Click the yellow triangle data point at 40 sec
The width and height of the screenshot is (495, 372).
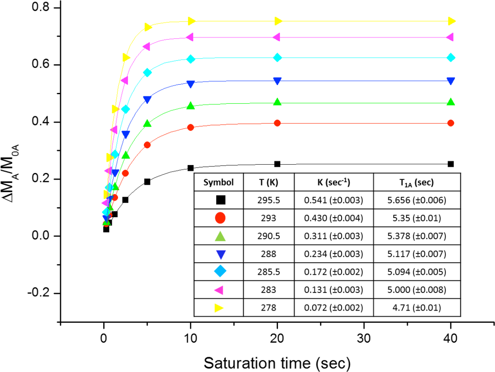pos(451,21)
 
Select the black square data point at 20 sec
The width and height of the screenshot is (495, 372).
pos(277,164)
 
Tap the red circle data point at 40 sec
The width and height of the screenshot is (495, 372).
pos(451,123)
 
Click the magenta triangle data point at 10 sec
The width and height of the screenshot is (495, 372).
pos(190,37)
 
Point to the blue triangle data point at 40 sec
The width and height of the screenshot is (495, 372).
pos(451,81)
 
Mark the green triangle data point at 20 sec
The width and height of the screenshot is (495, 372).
pos(277,102)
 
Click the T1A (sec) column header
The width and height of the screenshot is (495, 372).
pos(417,182)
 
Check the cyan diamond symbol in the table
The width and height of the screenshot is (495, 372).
pos(221,271)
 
